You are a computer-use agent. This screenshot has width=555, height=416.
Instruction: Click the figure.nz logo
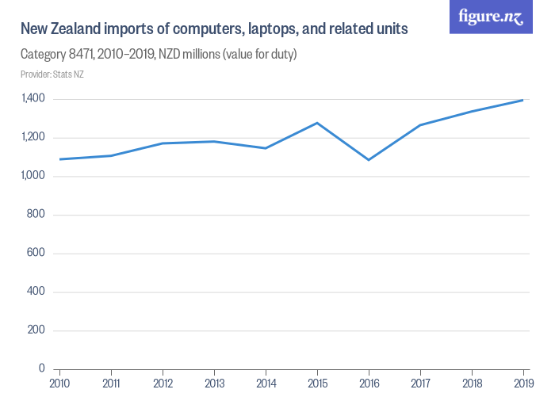point(490,17)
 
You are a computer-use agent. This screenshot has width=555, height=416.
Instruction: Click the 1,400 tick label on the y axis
point(33,99)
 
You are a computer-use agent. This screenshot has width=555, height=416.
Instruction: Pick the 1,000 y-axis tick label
point(33,176)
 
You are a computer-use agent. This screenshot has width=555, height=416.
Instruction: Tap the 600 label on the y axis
point(36,254)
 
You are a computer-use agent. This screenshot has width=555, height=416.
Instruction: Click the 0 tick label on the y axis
point(42,369)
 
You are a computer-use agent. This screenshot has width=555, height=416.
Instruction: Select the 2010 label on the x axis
point(59,384)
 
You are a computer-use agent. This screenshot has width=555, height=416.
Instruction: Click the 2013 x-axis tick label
point(214,384)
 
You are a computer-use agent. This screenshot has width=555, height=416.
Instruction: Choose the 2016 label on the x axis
point(369,384)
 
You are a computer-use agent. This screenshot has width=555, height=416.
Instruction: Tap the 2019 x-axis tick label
point(522,384)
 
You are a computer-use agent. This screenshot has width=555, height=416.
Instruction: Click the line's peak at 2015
point(317,123)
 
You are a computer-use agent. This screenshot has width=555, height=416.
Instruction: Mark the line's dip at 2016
point(369,160)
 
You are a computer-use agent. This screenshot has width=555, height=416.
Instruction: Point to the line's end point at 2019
point(522,100)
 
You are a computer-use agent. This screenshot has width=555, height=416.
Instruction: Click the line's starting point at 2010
point(59,159)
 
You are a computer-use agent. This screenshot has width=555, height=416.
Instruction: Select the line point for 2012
point(163,143)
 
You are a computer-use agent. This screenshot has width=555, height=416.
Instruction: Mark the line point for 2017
point(420,125)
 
